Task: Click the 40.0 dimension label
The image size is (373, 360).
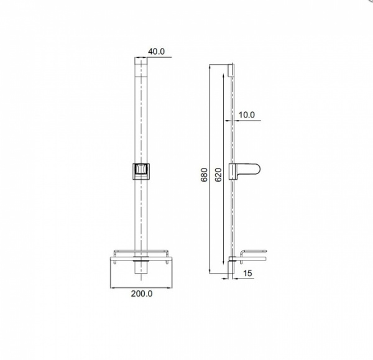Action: [x=156, y=52]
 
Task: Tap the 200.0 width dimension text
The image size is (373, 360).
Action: [x=142, y=293]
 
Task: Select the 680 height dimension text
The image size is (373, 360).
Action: [x=204, y=175]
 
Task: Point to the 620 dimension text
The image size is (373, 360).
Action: [x=218, y=175]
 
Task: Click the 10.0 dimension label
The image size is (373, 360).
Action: [x=246, y=115]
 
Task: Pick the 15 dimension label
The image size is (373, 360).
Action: [x=247, y=273]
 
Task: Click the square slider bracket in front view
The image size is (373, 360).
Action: [x=141, y=172]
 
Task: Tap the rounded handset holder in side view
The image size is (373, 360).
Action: [x=244, y=172]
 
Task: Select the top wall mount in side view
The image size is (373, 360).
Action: [x=230, y=70]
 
